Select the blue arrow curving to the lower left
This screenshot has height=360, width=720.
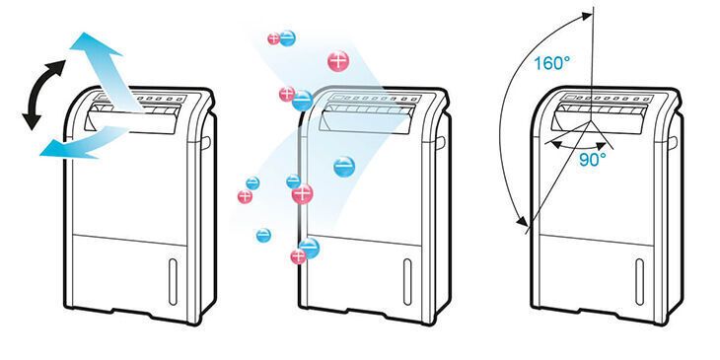83,143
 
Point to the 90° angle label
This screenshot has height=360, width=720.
593,160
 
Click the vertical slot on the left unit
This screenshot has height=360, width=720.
173,281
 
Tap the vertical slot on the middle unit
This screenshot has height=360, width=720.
407,281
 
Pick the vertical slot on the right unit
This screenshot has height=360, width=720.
640,281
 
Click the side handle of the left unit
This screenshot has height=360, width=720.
206,142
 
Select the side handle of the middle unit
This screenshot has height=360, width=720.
440,142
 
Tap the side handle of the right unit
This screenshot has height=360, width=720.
673,142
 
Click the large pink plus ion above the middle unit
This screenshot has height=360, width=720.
338,61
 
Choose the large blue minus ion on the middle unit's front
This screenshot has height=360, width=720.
344,167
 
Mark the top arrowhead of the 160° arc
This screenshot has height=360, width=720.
586,17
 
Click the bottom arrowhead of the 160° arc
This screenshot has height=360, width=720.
522,221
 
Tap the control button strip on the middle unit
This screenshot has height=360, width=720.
374,99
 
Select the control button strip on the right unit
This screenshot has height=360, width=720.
607,99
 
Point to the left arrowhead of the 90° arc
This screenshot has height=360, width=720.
555,145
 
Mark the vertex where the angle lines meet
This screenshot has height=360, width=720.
590,121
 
